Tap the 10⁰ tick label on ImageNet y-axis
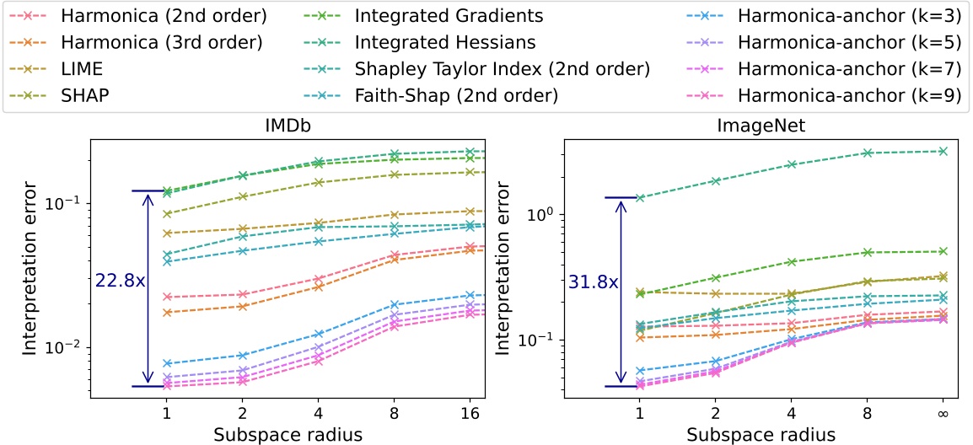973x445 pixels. point(537,215)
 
